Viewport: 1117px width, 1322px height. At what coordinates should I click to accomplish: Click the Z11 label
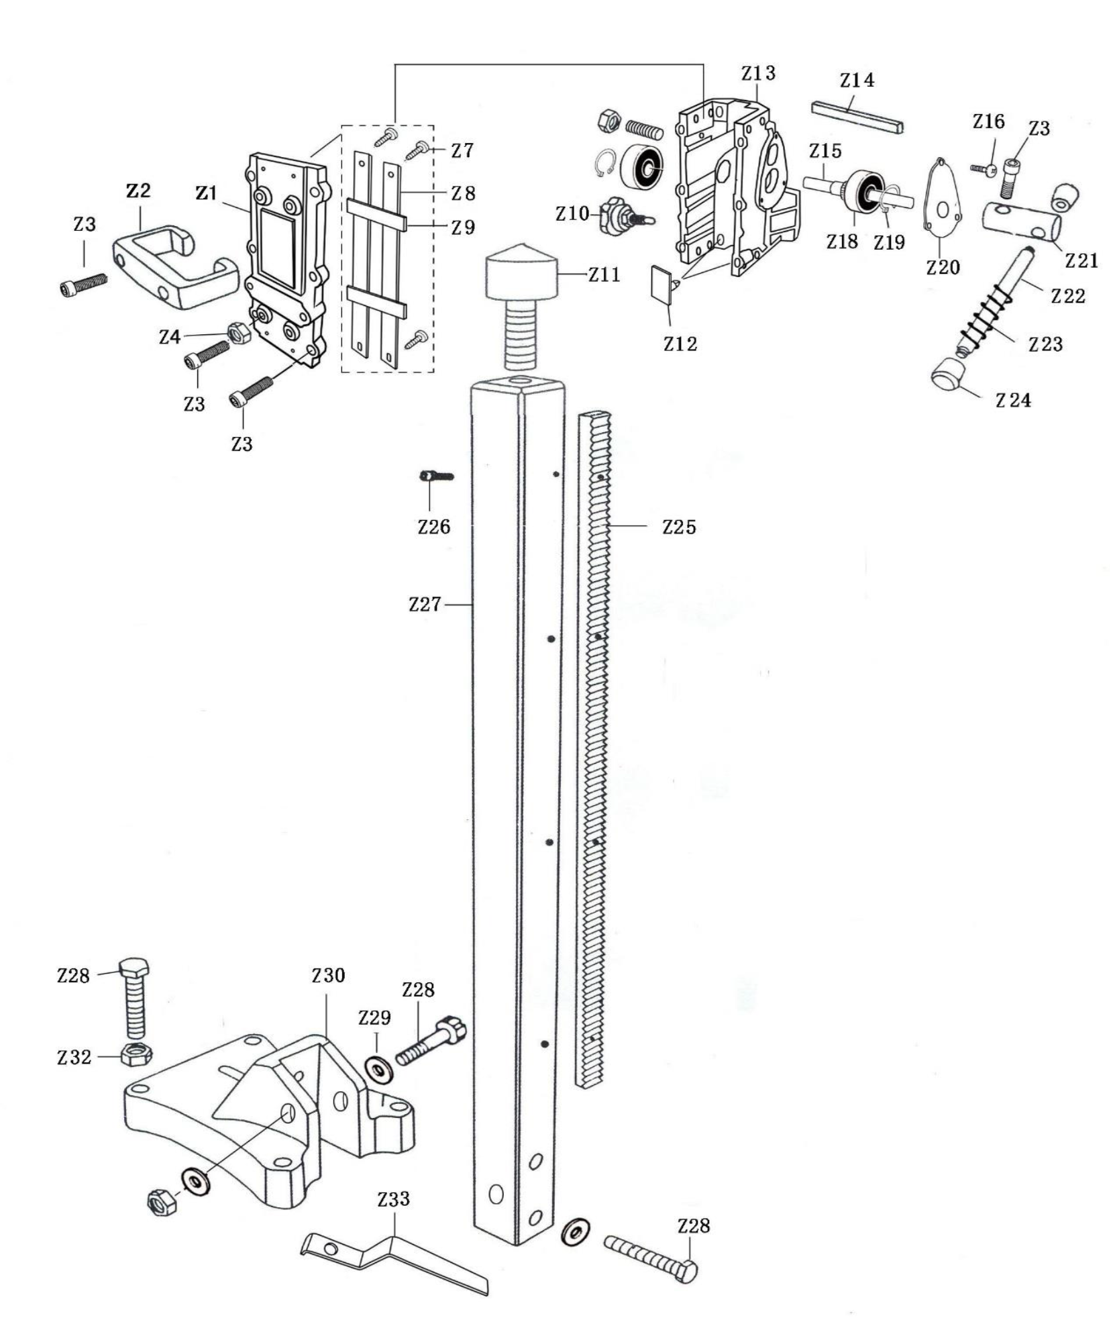pyautogui.click(x=604, y=274)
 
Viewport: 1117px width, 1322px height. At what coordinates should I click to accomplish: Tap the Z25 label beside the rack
pyautogui.click(x=679, y=527)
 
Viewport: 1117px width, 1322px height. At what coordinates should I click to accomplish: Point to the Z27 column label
pyautogui.click(x=425, y=605)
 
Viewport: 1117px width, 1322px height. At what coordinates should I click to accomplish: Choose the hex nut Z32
pyautogui.click(x=136, y=1055)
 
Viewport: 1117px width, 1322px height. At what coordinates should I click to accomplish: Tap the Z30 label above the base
pyautogui.click(x=328, y=975)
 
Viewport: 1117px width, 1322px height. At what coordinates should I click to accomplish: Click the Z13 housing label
pyautogui.click(x=758, y=73)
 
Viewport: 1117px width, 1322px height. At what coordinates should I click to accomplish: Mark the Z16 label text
pyautogui.click(x=988, y=121)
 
